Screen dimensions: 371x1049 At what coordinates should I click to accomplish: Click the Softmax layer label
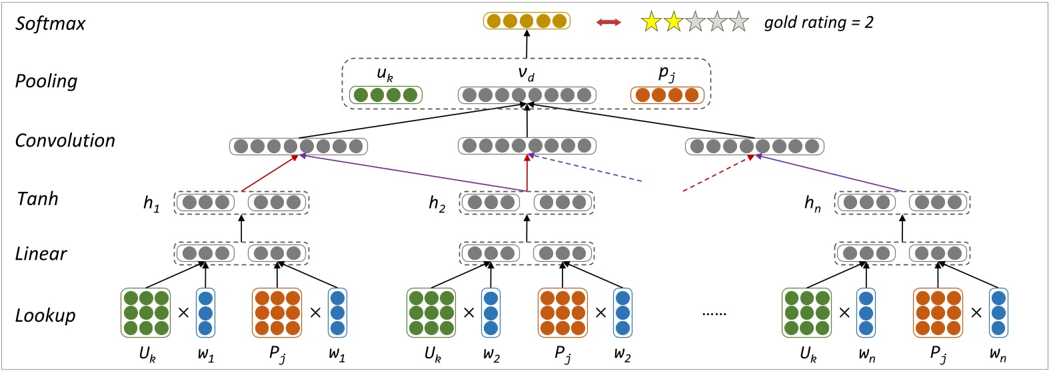pyautogui.click(x=51, y=24)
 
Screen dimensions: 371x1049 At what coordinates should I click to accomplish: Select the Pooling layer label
pyautogui.click(x=46, y=81)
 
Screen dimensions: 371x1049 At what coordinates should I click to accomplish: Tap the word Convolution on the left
pyautogui.click(x=65, y=141)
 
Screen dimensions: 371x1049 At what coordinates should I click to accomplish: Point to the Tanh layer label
pyautogui.click(x=37, y=198)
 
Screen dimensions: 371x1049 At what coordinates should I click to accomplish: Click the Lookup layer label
pyautogui.click(x=45, y=315)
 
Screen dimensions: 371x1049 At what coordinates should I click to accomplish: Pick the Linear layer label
pyautogui.click(x=41, y=254)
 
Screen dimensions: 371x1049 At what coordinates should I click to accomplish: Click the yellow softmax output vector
pyautogui.click(x=526, y=21)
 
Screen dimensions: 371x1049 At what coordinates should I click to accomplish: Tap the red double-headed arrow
pyautogui.click(x=608, y=23)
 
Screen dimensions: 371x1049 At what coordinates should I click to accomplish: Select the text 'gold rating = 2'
pyautogui.click(x=818, y=23)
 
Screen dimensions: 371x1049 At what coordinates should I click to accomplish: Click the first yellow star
pyautogui.click(x=650, y=23)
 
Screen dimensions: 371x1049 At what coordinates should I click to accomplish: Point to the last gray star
pyautogui.click(x=738, y=23)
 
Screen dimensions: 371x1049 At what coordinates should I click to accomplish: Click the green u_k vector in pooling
pyautogui.click(x=386, y=95)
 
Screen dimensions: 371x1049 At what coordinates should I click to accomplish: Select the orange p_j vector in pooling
pyautogui.click(x=667, y=95)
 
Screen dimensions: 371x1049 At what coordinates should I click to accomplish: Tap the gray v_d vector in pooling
pyautogui.click(x=526, y=95)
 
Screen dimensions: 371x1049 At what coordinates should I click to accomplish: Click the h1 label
pyautogui.click(x=151, y=203)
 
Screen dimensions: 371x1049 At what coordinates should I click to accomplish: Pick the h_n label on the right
pyautogui.click(x=812, y=203)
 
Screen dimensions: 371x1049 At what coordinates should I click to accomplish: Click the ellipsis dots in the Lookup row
pyautogui.click(x=714, y=313)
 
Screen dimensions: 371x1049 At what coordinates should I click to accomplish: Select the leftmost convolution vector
pyautogui.click(x=299, y=147)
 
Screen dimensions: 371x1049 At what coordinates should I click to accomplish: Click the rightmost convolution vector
pyautogui.click(x=754, y=147)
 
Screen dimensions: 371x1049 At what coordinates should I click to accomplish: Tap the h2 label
pyautogui.click(x=437, y=203)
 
